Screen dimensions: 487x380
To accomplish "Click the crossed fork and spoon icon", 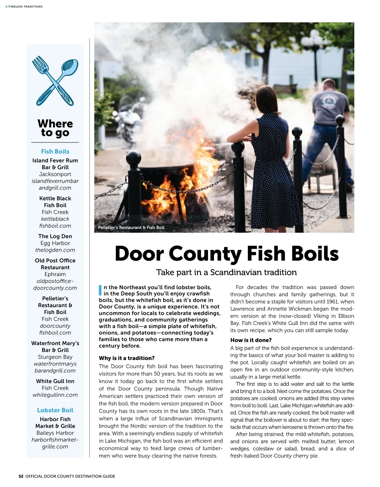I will [55, 81].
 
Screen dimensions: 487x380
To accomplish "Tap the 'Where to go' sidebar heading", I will [55, 128].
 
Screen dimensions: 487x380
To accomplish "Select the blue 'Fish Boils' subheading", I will [55, 152].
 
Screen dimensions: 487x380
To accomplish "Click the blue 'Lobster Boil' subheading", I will [55, 410].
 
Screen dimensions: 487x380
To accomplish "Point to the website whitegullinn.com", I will [55, 395].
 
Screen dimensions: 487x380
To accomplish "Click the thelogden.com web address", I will [55, 250].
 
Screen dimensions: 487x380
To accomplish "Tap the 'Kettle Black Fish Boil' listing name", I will [55, 202].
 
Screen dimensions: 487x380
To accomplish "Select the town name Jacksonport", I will [55, 174].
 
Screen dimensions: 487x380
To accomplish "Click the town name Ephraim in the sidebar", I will [55, 274].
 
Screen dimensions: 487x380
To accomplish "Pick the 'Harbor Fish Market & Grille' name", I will [55, 423].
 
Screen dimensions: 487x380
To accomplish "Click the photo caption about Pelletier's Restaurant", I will [131, 227].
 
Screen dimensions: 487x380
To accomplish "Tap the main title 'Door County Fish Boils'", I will [226, 254].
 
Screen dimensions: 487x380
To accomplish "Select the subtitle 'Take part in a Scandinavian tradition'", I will [226, 273].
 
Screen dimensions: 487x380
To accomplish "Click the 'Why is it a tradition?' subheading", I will [127, 358].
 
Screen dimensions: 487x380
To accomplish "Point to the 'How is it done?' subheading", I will [251, 340].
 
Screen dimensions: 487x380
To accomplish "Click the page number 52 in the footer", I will [21, 476].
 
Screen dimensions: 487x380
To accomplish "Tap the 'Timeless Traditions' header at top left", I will [25, 7].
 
